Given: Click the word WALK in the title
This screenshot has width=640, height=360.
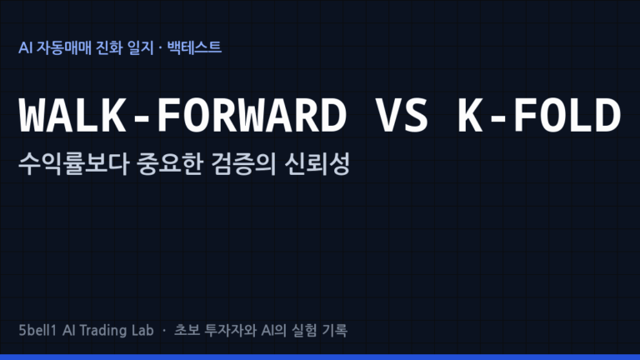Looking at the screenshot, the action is click(72, 115).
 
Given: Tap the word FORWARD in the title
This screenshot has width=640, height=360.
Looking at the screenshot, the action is click(252, 115).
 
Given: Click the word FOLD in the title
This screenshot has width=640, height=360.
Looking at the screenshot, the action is click(567, 115).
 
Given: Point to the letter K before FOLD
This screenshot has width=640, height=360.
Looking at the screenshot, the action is click(471, 115).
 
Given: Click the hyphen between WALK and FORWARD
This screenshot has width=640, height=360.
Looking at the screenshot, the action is click(142, 118).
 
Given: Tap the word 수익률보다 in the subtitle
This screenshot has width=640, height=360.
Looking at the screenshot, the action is click(74, 163).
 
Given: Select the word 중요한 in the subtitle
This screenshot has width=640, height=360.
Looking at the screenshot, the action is click(170, 163).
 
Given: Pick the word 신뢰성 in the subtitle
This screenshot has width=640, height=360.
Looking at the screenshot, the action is click(317, 163).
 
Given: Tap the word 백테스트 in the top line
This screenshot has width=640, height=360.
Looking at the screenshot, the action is click(194, 47).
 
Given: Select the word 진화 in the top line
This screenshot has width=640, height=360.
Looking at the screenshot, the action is click(109, 47).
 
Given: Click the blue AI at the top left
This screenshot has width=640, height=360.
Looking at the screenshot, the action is click(25, 47).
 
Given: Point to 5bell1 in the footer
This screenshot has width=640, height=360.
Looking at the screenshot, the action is click(37, 330).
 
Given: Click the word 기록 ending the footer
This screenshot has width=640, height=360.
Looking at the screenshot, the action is click(335, 330).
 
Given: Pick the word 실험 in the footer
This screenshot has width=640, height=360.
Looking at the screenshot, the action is click(304, 330).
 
